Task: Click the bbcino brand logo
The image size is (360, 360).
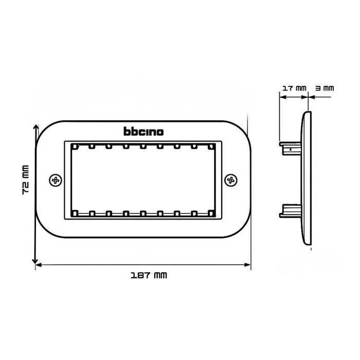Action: point(143,132)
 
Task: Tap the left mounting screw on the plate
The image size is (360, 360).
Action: point(56,180)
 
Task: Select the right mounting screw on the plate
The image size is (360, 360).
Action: point(231,180)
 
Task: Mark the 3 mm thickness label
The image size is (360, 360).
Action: point(325,88)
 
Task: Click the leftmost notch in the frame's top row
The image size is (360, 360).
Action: point(75,146)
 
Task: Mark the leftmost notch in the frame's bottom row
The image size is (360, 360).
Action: point(75,212)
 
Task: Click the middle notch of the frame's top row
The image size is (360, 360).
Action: point(143,146)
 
